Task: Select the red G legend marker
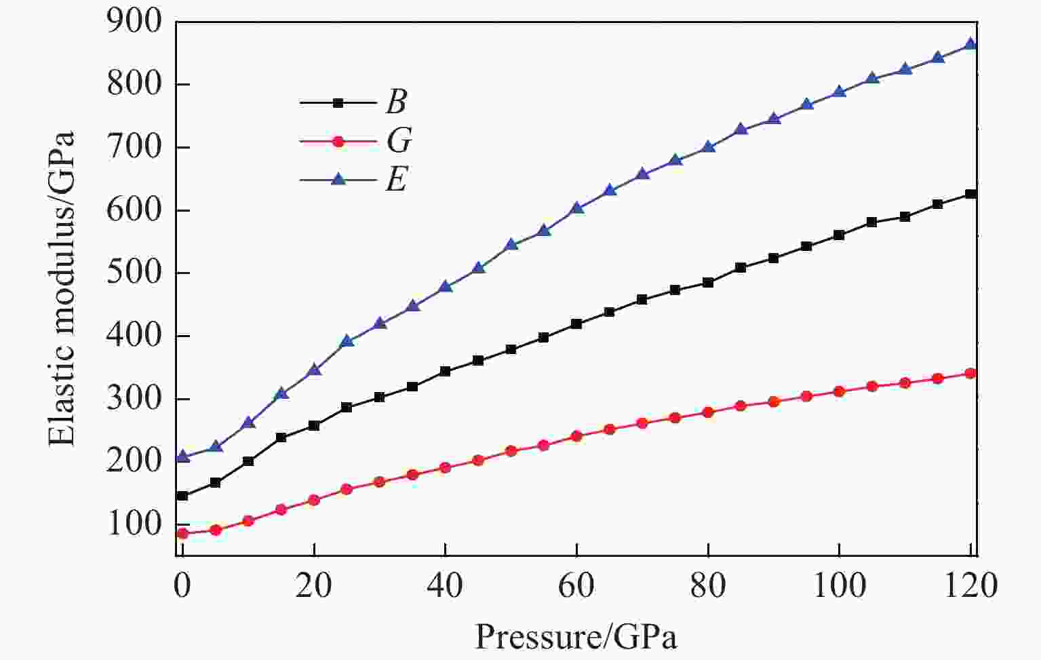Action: click(x=338, y=142)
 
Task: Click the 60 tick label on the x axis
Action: click(x=576, y=585)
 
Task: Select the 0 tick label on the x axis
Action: click(x=182, y=585)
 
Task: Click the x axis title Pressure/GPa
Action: click(x=576, y=636)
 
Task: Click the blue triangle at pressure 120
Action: click(x=970, y=44)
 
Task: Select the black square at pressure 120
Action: click(x=970, y=194)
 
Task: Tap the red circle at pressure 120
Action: click(x=970, y=373)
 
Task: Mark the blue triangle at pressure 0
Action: click(x=182, y=457)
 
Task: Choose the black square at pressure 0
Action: click(x=182, y=496)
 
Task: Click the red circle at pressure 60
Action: click(x=576, y=436)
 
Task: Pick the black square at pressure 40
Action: click(x=445, y=371)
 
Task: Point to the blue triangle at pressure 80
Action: click(x=709, y=146)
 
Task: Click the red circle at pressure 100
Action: click(x=839, y=391)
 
